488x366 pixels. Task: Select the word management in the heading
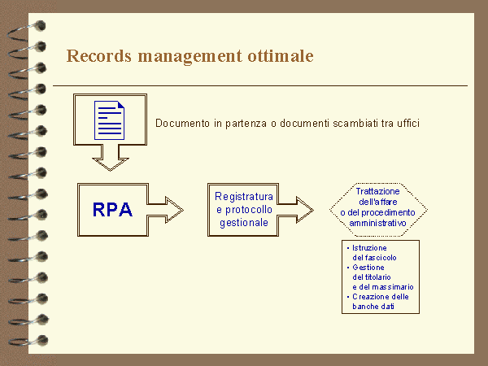[x=189, y=56]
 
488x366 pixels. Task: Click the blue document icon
[x=111, y=120]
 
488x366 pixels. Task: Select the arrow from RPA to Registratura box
[x=168, y=209]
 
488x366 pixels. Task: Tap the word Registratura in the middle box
[x=243, y=197]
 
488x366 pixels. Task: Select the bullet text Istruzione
[x=369, y=247]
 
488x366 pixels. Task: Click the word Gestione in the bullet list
[x=368, y=267]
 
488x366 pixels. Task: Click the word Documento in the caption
[x=180, y=124]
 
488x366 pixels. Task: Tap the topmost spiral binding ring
[x=24, y=25]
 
